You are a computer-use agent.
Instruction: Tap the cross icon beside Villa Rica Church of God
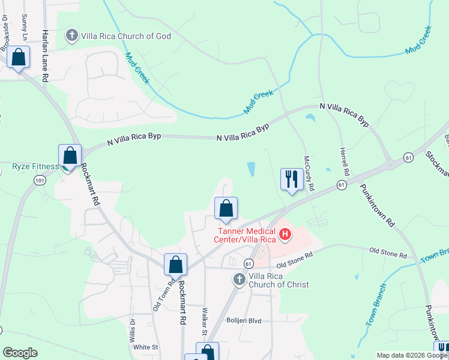click(72, 35)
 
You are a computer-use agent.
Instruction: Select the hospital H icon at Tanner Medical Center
click(285, 233)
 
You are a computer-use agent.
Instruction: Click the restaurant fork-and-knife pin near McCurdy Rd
click(292, 179)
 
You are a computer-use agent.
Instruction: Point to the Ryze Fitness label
click(35, 166)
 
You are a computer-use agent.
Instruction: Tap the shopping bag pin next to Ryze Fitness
click(70, 156)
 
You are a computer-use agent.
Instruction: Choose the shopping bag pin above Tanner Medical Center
click(226, 209)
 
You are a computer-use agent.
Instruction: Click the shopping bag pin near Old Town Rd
click(175, 265)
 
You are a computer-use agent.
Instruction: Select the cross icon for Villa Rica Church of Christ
click(239, 279)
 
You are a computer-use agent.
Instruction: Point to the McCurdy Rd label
click(309, 173)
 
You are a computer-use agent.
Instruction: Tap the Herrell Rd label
click(343, 161)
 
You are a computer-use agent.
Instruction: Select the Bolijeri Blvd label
click(244, 321)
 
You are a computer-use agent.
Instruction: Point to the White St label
click(145, 347)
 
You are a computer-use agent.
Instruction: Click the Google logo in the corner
click(20, 353)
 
